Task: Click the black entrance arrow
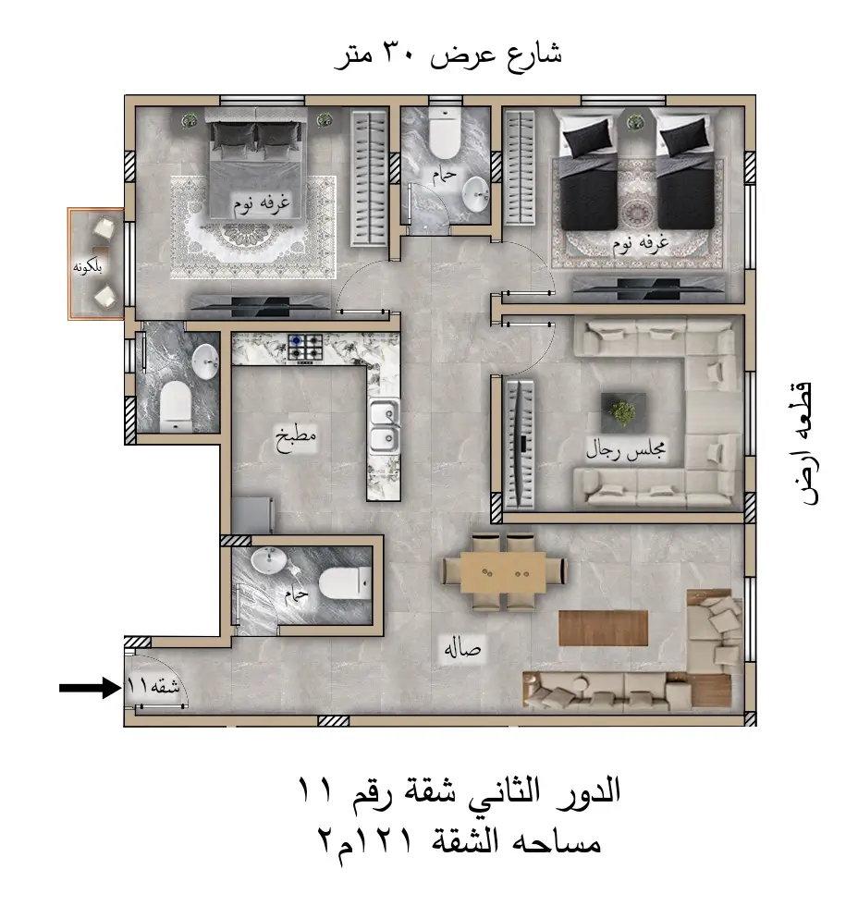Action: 90,688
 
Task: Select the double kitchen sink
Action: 385,426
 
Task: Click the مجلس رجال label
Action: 626,448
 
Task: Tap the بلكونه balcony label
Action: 88,267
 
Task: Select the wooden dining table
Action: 503,572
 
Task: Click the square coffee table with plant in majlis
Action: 623,412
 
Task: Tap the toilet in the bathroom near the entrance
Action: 345,583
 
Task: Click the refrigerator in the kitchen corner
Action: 252,515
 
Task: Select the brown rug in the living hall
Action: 603,628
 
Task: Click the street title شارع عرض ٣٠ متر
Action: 448,56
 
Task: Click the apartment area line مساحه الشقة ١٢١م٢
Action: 460,843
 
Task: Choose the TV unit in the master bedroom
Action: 261,304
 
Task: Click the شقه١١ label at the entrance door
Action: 153,687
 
